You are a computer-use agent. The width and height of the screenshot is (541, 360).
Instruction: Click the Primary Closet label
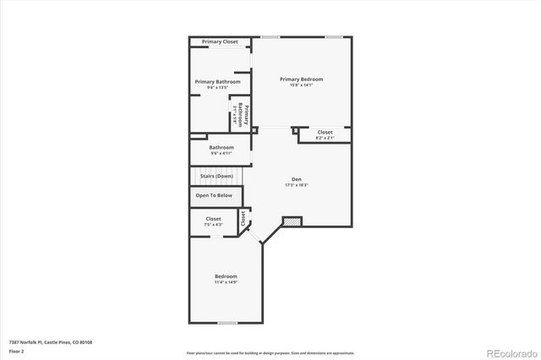point(219,41)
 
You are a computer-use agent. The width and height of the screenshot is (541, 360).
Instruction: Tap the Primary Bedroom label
point(302,79)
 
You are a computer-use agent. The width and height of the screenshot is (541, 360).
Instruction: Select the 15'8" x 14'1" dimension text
point(302,85)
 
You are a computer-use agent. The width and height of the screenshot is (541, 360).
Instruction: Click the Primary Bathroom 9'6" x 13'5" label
point(217,85)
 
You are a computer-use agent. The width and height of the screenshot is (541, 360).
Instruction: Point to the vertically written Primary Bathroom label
point(243,114)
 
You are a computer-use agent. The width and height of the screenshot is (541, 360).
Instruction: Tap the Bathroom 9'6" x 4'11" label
point(221,150)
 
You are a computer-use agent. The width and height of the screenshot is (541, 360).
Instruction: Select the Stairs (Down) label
point(217,176)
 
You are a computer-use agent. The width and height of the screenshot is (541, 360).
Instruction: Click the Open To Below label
point(214,195)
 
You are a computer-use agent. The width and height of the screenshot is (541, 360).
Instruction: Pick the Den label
point(297,178)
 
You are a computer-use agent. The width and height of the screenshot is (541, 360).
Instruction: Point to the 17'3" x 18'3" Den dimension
point(297,185)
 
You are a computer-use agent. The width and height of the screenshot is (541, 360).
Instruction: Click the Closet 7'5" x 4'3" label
point(214,221)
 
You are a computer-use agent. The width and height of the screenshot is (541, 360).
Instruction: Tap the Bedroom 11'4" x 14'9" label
point(226,279)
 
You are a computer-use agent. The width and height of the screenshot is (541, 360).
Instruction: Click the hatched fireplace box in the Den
point(292,221)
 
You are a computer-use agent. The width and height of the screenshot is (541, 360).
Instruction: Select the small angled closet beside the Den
point(244,218)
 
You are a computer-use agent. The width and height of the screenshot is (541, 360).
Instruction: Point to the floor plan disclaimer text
point(270,352)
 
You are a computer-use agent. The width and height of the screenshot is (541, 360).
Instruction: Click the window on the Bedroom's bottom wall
point(227,322)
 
